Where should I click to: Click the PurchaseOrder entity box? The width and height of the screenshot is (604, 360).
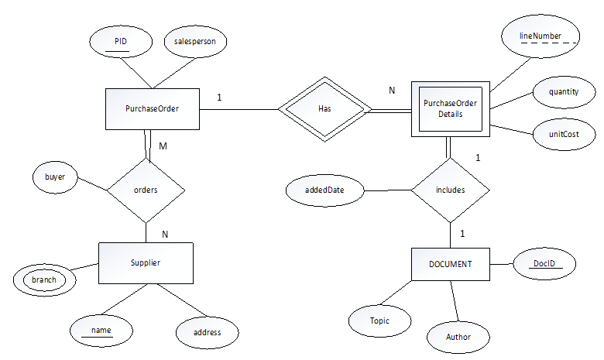point(152,108)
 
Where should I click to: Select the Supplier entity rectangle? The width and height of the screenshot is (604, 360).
point(145,263)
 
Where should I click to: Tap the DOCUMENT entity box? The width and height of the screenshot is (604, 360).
point(450,264)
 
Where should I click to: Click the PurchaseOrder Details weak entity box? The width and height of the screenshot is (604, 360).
point(450,109)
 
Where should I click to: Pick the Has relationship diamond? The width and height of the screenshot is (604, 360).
point(324,109)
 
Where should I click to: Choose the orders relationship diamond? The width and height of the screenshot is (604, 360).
point(146,190)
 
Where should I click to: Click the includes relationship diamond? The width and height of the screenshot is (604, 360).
point(450,190)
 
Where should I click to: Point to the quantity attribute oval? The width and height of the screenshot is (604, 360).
point(563,91)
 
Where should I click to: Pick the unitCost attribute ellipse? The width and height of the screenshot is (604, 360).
point(563,134)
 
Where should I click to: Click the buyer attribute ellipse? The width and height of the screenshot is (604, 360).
point(55,177)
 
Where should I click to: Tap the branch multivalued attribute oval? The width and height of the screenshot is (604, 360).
point(44,279)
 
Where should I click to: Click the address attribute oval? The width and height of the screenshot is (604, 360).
point(206,332)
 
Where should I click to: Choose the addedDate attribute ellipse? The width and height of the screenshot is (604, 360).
point(324,190)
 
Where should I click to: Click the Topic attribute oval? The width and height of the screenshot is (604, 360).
point(379,320)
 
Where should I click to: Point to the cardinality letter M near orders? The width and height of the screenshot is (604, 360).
point(163,146)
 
